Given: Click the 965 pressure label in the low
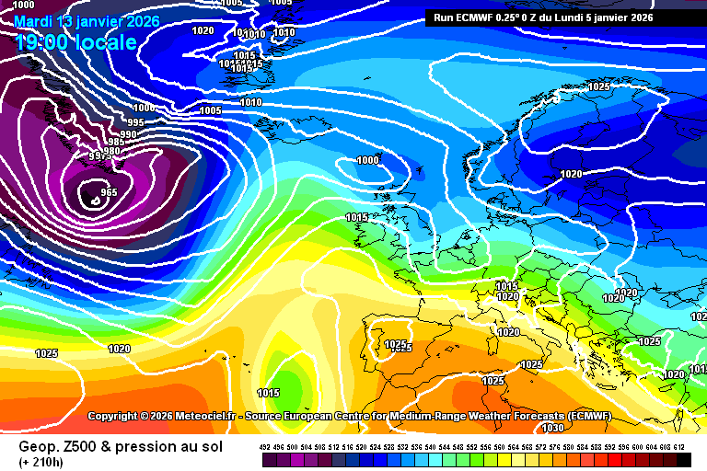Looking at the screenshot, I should pos(110,192).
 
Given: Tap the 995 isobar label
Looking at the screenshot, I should pos(135,122).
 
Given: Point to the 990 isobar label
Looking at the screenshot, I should pos(128,134).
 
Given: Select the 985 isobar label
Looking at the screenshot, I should pos(117,143).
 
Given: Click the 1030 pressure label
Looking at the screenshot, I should pos(552,428).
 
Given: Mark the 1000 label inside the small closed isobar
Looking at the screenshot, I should pos(367,160).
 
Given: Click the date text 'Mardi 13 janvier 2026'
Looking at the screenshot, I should pos(87,21).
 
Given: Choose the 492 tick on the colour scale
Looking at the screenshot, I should pos(265,446).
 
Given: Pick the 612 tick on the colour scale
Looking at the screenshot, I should pos(679,446).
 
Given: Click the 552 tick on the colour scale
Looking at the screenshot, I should pos(472,446).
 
